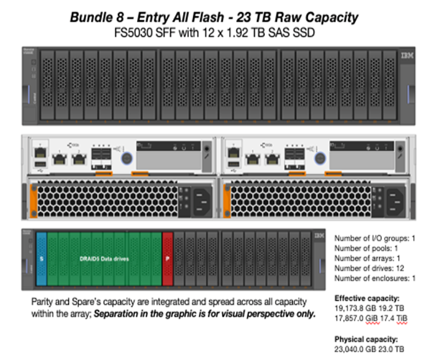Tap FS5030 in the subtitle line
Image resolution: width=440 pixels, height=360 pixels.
136,32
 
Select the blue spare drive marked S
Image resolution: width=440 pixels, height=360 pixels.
42,258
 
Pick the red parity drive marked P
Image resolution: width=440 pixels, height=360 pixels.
168,258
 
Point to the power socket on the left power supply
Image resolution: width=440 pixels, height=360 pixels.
197,199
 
